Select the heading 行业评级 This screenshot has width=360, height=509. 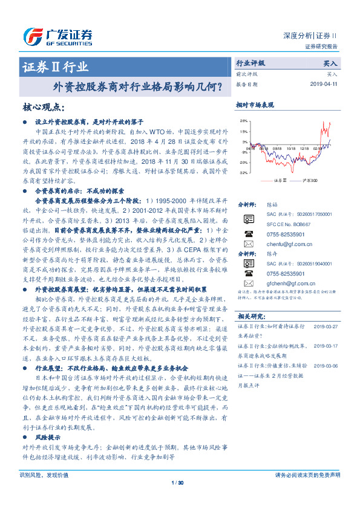[250, 63]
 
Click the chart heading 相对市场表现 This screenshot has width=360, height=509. [254, 105]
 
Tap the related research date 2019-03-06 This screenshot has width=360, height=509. [326, 366]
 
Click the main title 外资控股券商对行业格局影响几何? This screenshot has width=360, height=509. [137, 88]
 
